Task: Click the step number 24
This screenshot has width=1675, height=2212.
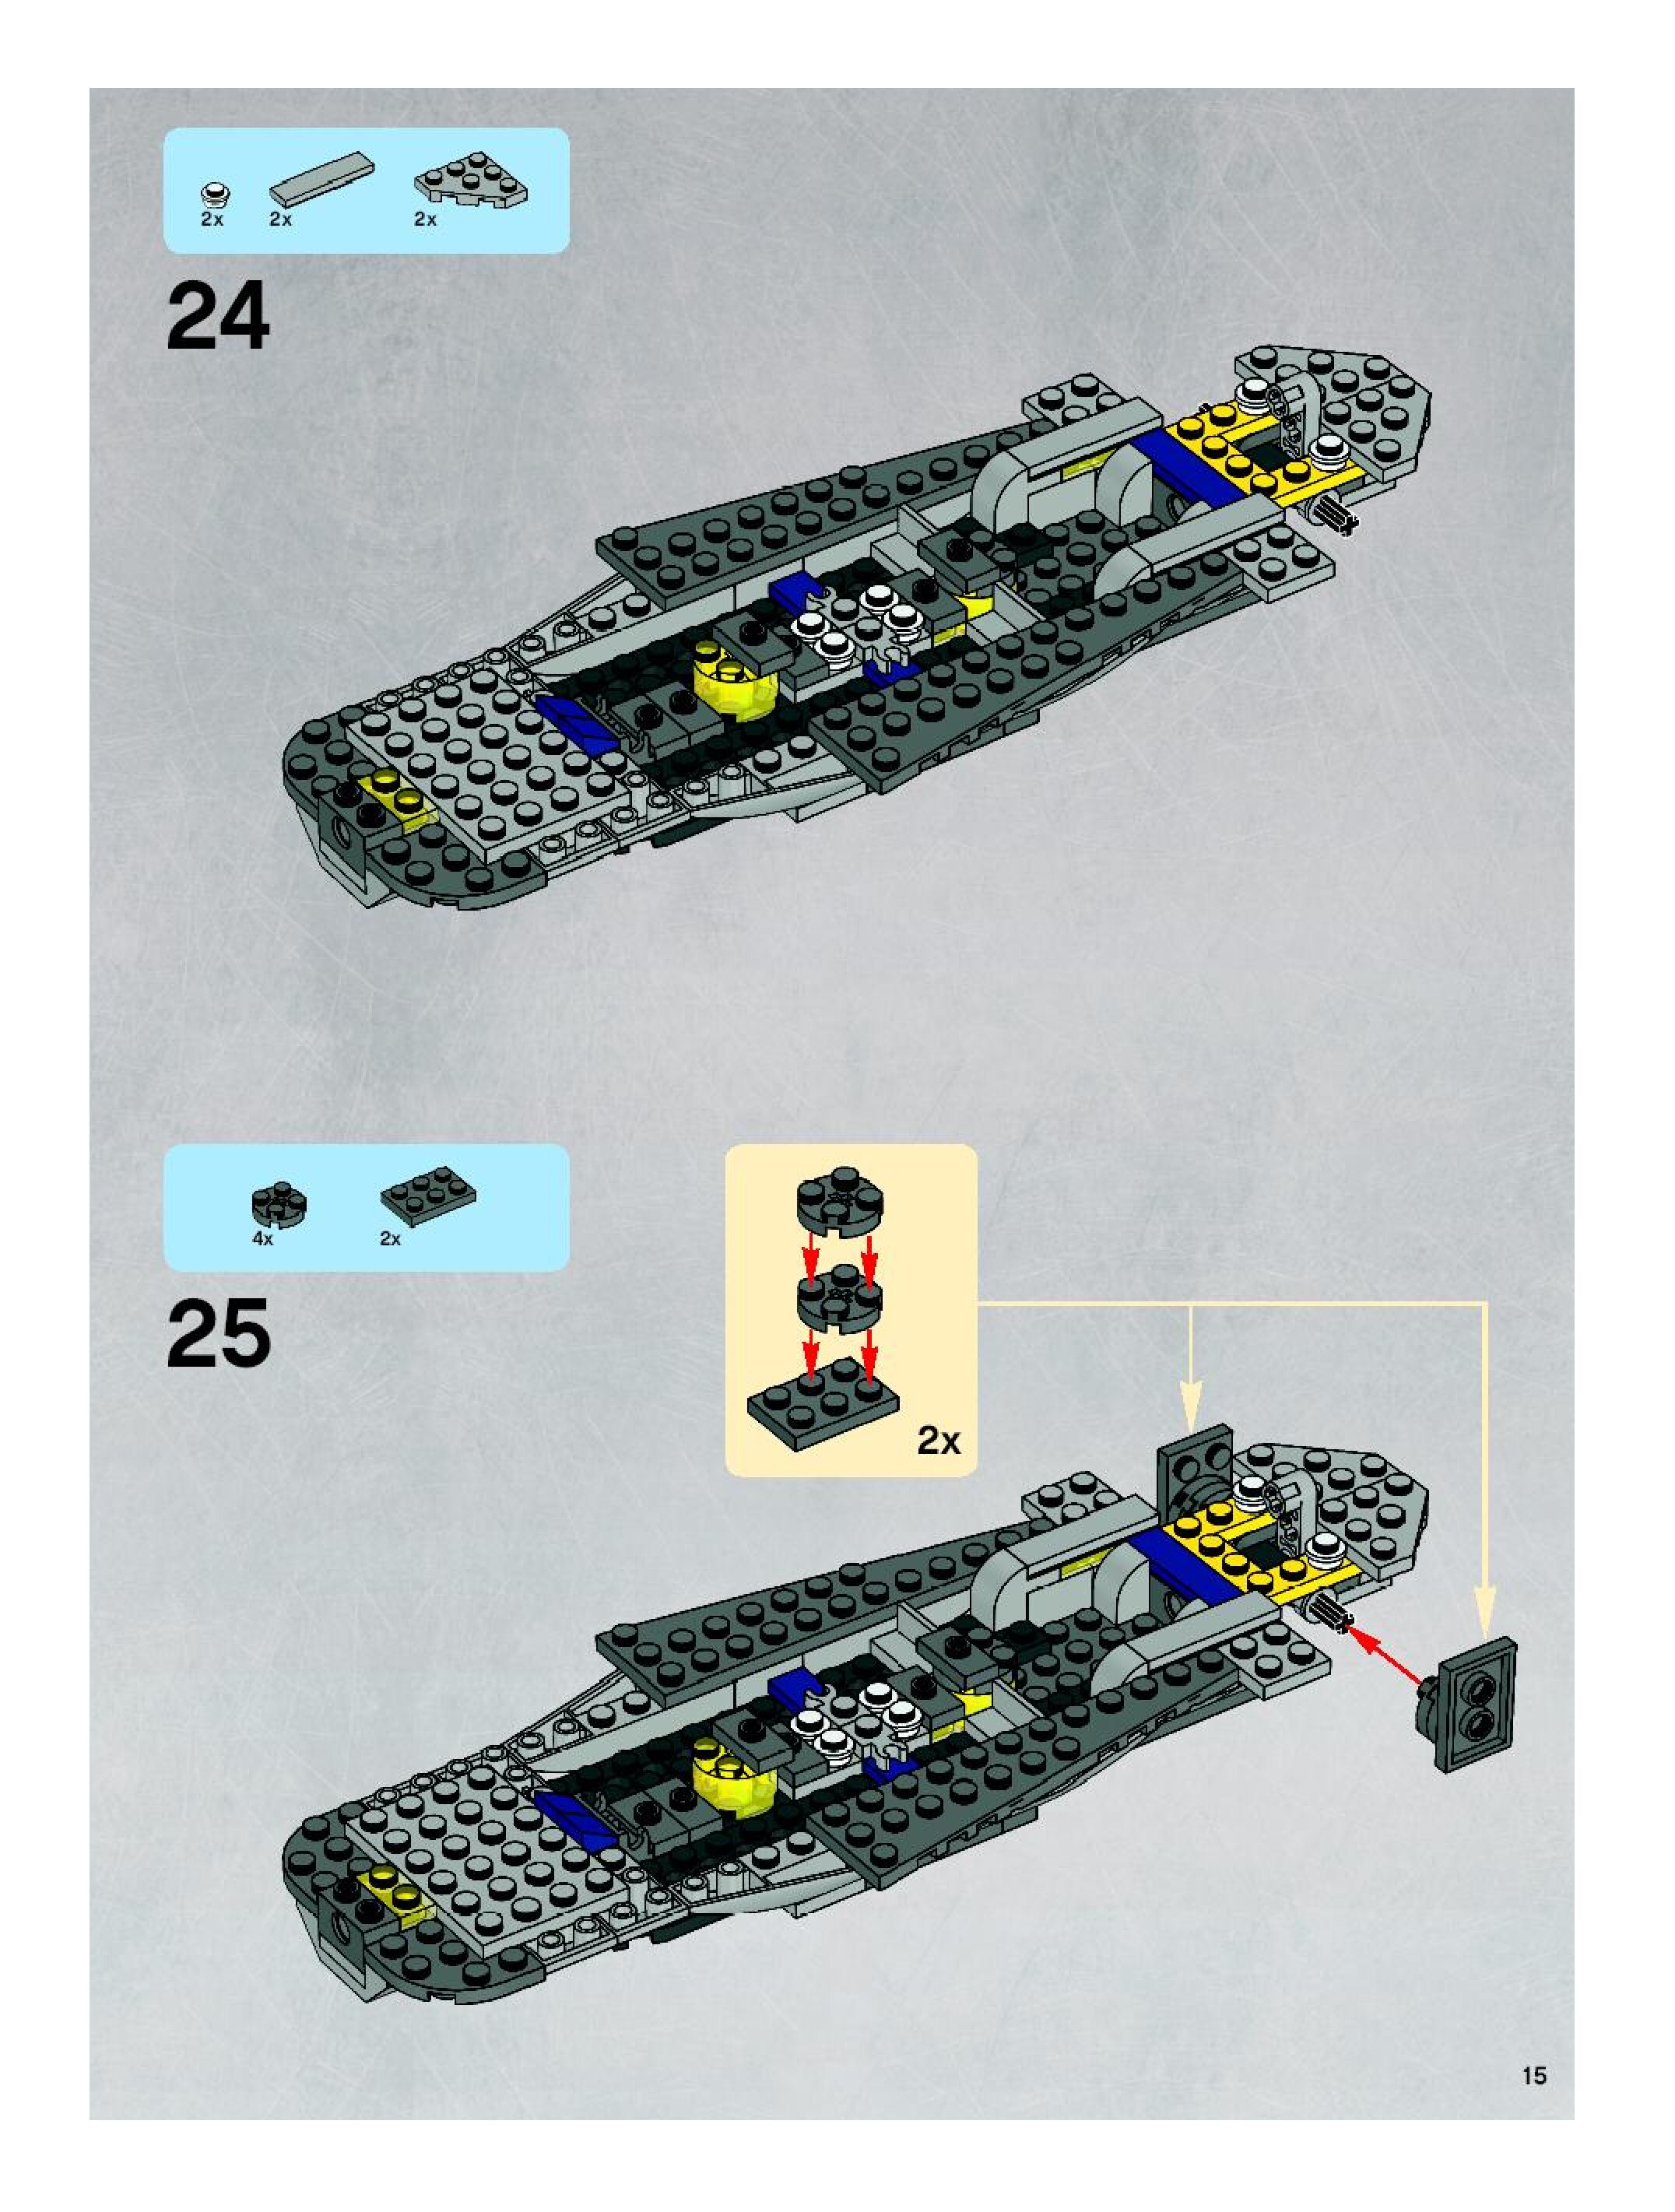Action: pos(218,316)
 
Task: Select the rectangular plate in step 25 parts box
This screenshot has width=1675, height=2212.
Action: pos(428,1195)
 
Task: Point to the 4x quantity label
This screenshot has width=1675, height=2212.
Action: pos(263,1238)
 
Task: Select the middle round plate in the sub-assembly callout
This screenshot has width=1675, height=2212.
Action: pos(840,1302)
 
